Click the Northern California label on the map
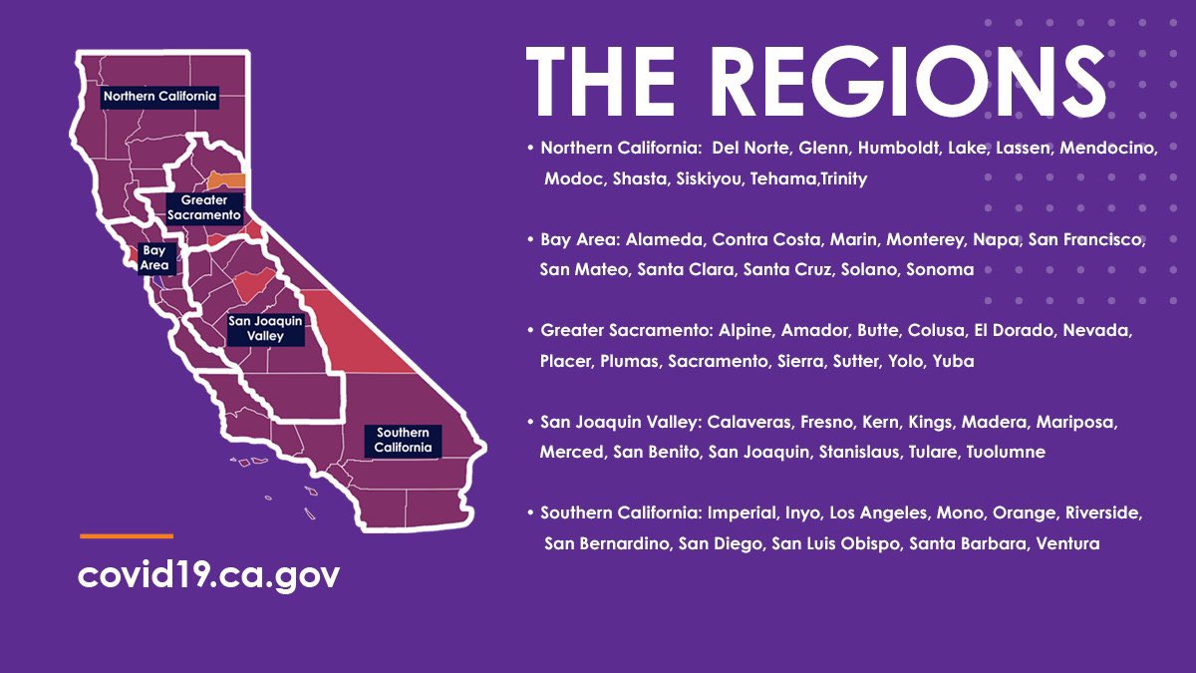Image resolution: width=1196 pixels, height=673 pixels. pos(159,97)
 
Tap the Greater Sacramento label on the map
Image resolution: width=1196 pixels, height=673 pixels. pos(204,207)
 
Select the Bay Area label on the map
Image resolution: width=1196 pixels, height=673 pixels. pos(154,258)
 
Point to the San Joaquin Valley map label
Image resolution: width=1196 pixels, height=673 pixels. pos(264,328)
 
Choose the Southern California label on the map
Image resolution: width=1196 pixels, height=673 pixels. pos(403,440)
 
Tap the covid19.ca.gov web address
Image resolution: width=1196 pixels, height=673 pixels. pos(208,574)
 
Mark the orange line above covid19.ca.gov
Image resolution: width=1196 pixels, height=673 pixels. pos(126,536)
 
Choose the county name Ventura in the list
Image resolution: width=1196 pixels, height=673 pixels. pos(1067,543)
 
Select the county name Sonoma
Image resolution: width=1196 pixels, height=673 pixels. pos(940,269)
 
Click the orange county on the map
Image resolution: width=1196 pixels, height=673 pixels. pos(227,179)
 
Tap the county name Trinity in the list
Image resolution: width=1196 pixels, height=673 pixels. pos(843,178)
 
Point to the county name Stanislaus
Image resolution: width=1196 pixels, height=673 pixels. pos(859,452)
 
